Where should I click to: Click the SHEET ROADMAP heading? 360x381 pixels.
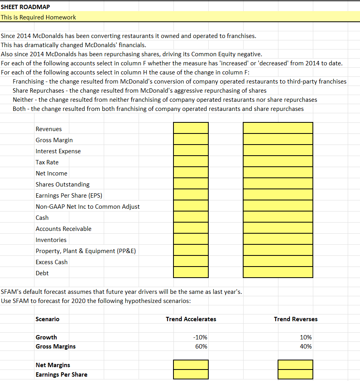click(x=25, y=7)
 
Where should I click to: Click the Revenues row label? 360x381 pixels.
click(x=49, y=129)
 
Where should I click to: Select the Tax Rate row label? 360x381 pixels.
click(x=47, y=162)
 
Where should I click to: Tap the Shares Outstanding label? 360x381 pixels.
click(x=63, y=185)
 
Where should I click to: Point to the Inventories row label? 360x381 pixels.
click(x=51, y=240)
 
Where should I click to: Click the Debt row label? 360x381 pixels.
click(x=42, y=273)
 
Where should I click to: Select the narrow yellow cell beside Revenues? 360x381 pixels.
click(x=190, y=128)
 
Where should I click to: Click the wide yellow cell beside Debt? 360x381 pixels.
click(x=278, y=272)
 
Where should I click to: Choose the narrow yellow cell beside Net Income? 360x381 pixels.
click(x=190, y=173)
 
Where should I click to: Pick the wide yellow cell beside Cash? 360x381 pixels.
click(x=278, y=217)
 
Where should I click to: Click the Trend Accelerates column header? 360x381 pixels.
click(x=191, y=319)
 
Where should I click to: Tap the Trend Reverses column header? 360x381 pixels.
click(x=295, y=319)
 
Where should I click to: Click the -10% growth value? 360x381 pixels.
click(x=200, y=337)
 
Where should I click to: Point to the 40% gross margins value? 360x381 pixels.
click(x=306, y=347)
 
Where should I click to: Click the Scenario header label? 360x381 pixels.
click(x=48, y=319)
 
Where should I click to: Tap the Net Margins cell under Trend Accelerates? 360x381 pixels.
click(x=190, y=364)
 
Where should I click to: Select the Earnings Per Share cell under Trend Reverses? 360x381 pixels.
click(x=295, y=374)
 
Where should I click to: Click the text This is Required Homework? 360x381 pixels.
click(x=38, y=17)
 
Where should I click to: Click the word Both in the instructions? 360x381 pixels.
click(x=19, y=109)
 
